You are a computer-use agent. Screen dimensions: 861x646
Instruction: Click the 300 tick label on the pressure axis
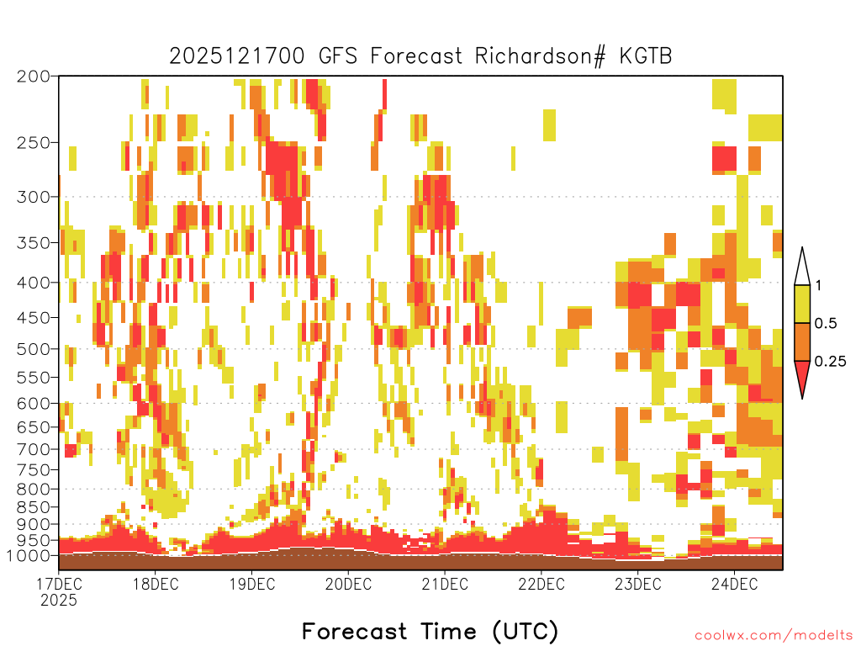[x=33, y=197]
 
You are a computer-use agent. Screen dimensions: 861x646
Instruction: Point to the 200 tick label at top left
[x=33, y=77]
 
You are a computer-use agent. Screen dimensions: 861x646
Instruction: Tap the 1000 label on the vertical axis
[x=28, y=556]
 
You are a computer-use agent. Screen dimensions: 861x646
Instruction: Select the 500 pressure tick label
[x=33, y=349]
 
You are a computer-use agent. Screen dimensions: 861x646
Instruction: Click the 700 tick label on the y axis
[x=33, y=449]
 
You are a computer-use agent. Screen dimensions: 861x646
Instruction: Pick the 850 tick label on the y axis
[x=33, y=507]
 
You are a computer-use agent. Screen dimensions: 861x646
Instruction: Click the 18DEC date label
[x=156, y=584]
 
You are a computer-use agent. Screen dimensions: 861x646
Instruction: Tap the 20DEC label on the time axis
[x=348, y=584]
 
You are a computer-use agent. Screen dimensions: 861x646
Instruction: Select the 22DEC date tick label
[x=541, y=584]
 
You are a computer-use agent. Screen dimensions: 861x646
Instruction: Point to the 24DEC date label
[x=734, y=584]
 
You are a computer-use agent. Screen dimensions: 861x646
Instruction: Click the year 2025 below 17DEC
[x=59, y=601]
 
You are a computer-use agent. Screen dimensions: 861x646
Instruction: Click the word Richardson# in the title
[x=541, y=56]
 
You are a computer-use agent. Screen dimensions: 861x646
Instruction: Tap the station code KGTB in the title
[x=646, y=56]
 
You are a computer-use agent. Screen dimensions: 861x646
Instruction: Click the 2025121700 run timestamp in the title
[x=236, y=56]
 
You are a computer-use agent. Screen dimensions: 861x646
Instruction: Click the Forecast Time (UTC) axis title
[x=430, y=632]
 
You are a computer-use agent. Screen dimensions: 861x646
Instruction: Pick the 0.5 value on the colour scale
[x=826, y=324]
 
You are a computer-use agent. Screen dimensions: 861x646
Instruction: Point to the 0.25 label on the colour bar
[x=830, y=362]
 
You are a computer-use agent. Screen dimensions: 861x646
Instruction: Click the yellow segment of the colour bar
[x=802, y=304]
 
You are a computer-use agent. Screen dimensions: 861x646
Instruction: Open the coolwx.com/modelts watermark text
[x=774, y=636]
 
